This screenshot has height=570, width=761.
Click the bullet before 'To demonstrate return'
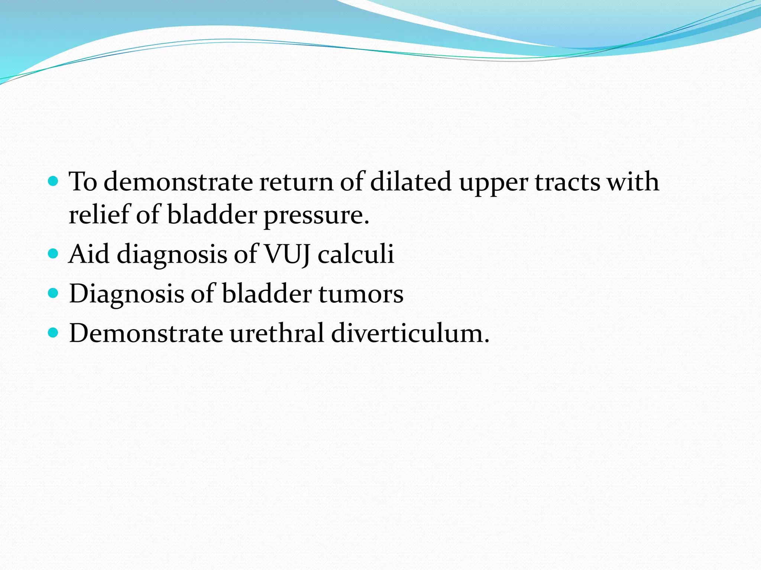[x=54, y=181]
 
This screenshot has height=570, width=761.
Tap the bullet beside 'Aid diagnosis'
[x=54, y=254]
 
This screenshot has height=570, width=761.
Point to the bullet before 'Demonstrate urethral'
[x=54, y=332]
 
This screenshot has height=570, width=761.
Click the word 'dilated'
[x=411, y=182]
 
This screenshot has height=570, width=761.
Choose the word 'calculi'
[x=356, y=255]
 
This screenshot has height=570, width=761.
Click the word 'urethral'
[x=277, y=333]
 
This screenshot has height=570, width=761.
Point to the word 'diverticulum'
[x=410, y=333]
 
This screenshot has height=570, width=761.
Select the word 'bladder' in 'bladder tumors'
[x=266, y=294]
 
